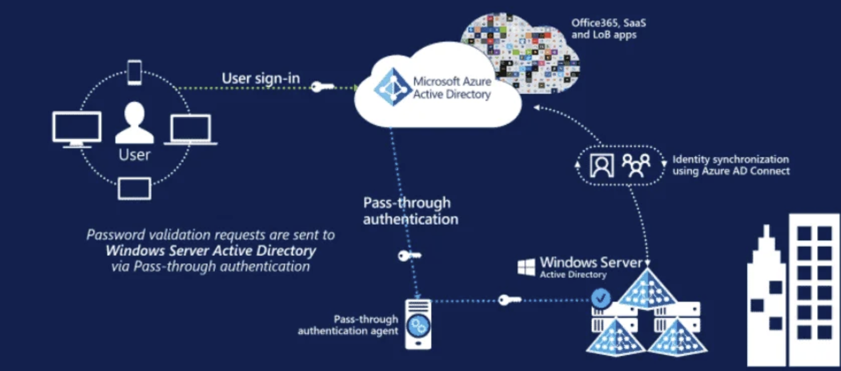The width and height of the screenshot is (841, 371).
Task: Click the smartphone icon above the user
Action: (135, 72)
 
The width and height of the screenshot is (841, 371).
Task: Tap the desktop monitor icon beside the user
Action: (77, 128)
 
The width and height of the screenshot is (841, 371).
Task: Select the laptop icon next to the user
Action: (190, 129)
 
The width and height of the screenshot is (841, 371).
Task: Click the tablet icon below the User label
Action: (135, 188)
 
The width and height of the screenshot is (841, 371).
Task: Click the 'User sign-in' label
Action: (261, 78)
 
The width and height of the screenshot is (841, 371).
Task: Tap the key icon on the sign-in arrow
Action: (322, 86)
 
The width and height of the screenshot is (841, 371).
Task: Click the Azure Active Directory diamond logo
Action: (392, 87)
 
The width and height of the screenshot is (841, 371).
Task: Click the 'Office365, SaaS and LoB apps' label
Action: (608, 28)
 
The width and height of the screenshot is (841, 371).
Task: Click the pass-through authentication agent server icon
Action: (418, 324)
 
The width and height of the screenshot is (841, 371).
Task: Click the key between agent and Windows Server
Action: (509, 300)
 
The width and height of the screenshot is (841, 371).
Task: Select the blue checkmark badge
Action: (601, 298)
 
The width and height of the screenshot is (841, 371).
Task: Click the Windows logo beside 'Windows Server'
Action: (526, 267)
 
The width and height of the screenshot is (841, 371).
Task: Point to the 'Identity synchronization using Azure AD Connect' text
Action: (731, 165)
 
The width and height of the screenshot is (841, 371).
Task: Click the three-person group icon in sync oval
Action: (636, 165)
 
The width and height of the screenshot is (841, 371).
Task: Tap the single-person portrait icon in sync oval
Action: (602, 165)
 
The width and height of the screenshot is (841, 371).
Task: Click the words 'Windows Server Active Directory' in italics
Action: (211, 250)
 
